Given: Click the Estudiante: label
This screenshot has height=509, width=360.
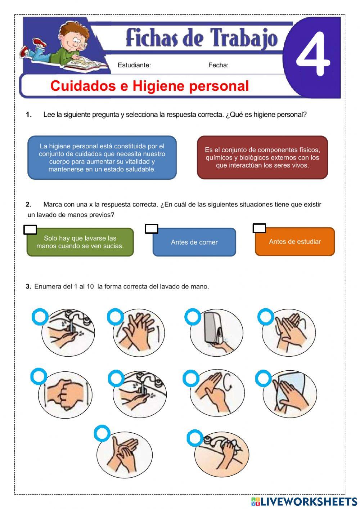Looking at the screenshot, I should point(134,65).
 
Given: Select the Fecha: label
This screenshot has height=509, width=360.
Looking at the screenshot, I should point(218,65).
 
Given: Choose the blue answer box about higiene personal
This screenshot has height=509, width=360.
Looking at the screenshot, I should point(102,158).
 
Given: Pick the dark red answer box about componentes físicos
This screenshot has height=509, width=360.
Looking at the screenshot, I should point(262,157).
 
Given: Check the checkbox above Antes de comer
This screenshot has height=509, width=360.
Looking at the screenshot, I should point(151,229).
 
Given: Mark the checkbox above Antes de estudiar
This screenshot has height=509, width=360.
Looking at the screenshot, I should point(259,228).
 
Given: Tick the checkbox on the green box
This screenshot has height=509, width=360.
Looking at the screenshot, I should point(30,230).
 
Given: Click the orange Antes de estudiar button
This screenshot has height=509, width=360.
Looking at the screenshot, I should point(294,242).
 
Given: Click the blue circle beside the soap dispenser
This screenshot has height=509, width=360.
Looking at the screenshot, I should point(193,317).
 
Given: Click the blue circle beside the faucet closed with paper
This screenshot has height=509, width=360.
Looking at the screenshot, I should point(195,438).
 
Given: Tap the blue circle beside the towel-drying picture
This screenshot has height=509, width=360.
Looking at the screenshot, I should point(263,379).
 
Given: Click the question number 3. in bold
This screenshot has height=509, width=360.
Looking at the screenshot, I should point(28,287).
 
